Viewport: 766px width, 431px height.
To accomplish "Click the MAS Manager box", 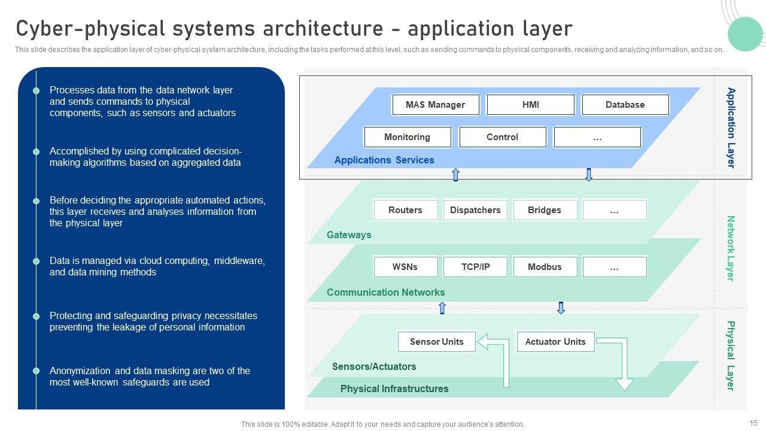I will pyautogui.click(x=435, y=105).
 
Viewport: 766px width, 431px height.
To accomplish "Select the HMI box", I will pyautogui.click(x=530, y=105).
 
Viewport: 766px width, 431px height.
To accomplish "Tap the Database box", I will pyautogui.click(x=625, y=105).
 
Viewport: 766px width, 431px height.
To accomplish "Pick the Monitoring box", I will pyautogui.click(x=407, y=137).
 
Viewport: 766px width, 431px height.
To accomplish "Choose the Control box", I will pyautogui.click(x=502, y=137).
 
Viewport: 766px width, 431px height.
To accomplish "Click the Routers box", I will pyautogui.click(x=405, y=210).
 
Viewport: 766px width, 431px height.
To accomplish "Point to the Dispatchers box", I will pyautogui.click(x=475, y=210).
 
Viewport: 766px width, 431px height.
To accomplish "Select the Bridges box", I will pyautogui.click(x=545, y=210).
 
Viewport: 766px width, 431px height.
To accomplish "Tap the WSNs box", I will pyautogui.click(x=405, y=267).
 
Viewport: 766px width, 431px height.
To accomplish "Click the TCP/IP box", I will pyautogui.click(x=475, y=267).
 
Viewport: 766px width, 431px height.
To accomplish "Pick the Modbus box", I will pyautogui.click(x=545, y=267).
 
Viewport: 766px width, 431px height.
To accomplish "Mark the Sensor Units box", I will pyautogui.click(x=437, y=342).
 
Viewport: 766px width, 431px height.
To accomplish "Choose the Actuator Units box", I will pyautogui.click(x=555, y=342).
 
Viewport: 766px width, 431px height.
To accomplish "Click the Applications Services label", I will pyautogui.click(x=384, y=160).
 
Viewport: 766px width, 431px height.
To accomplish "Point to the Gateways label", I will pyautogui.click(x=349, y=235).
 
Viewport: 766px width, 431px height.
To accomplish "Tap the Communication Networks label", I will pyautogui.click(x=386, y=293).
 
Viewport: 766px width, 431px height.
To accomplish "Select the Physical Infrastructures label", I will pyautogui.click(x=394, y=389).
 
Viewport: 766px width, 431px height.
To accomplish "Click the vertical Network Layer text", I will pyautogui.click(x=731, y=248).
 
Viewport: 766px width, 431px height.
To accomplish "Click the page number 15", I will pyautogui.click(x=753, y=423).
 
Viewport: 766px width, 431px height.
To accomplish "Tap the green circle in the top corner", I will pyautogui.click(x=745, y=34).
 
